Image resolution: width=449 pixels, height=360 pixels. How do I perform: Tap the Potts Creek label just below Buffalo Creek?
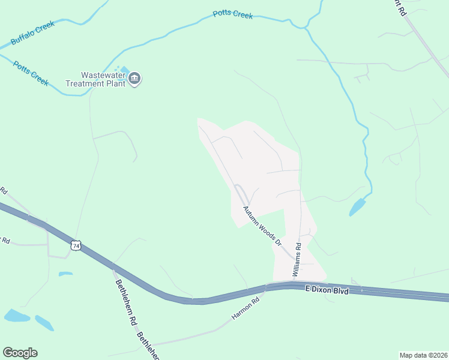point(31,71)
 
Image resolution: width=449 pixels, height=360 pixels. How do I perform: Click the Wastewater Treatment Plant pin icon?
point(135,78)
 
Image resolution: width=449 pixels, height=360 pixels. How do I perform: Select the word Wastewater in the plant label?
point(102,75)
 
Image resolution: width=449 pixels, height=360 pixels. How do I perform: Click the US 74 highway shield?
point(76,245)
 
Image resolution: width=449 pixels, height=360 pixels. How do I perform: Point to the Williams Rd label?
point(297,259)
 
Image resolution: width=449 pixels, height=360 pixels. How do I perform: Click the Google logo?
point(20,353)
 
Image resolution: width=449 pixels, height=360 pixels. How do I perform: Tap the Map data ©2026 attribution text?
point(423,355)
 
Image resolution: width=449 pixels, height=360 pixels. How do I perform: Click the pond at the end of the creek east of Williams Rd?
point(357,207)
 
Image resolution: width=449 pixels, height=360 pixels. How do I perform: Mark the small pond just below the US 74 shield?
point(65,274)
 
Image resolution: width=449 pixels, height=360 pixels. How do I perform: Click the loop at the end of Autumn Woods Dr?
point(240,193)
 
